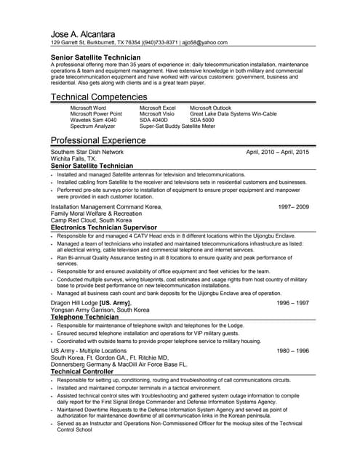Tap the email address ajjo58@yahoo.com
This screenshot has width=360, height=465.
click(204, 43)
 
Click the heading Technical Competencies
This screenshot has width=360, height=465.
click(99, 97)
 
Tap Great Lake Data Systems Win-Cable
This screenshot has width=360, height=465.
click(233, 114)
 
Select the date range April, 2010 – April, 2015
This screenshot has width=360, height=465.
click(278, 152)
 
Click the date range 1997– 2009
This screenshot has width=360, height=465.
click(293, 206)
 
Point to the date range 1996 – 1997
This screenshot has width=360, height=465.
click(293, 302)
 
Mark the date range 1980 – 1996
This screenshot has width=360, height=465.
click(293, 350)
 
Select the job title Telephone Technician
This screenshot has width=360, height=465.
click(84, 317)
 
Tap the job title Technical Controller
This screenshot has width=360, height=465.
click(81, 371)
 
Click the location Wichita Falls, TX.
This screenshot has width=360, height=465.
click(73, 158)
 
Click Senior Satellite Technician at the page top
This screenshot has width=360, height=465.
click(95, 57)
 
